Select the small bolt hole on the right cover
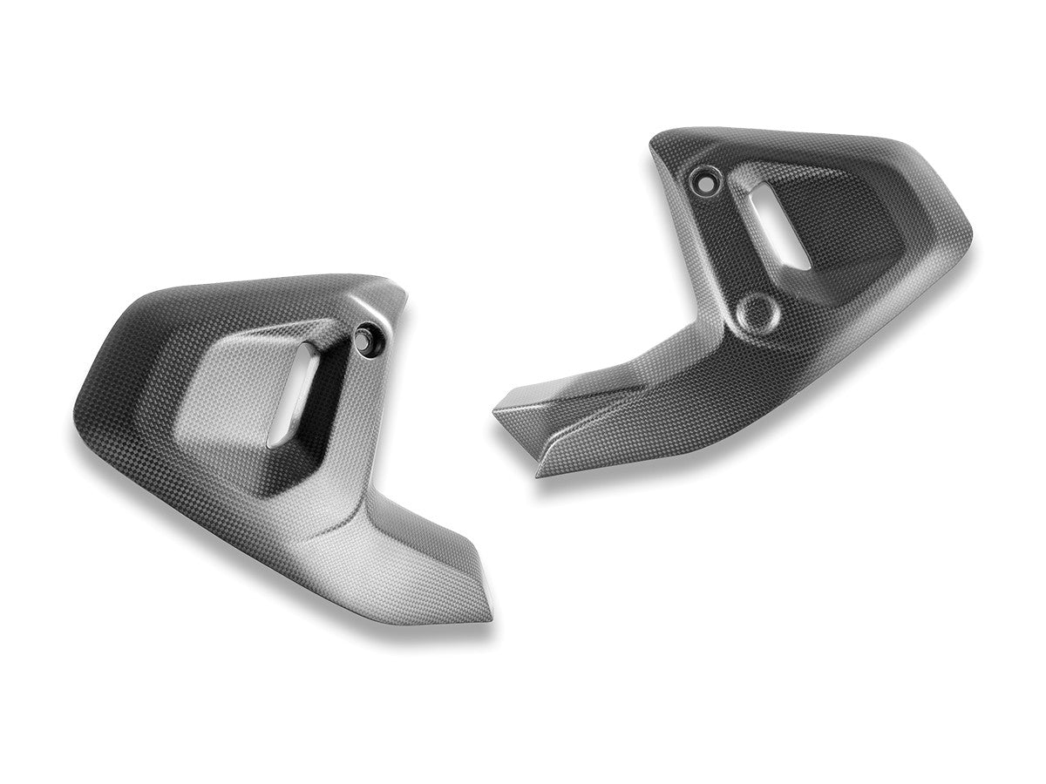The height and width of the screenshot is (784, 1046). coord(701,182)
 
